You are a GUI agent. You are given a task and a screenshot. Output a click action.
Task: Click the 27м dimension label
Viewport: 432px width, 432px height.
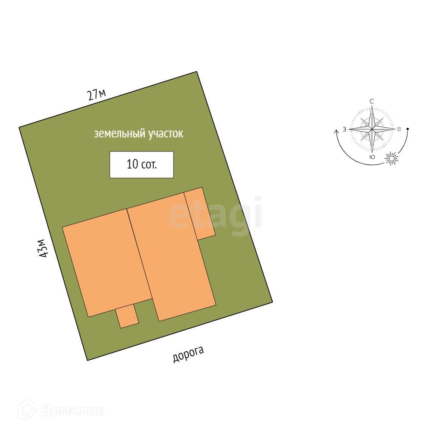pos(97,94)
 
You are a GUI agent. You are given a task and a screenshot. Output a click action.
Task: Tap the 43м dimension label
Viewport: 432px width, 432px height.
pos(44,248)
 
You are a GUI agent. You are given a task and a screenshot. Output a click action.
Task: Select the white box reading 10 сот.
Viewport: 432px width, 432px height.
pos(142,165)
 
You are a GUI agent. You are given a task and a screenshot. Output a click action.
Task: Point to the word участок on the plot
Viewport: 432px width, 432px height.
pos(165,134)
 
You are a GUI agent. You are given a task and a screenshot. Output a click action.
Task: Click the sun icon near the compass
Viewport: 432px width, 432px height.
pos(392,159)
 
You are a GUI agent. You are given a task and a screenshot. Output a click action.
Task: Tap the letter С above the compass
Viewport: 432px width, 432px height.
pos(372,101)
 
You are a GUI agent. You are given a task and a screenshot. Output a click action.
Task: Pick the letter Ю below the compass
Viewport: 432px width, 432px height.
pos(372,157)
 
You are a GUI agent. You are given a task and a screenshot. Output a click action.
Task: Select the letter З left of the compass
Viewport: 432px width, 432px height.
pos(345,129)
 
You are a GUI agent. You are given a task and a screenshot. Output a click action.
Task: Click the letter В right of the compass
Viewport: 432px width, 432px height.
pos(399,129)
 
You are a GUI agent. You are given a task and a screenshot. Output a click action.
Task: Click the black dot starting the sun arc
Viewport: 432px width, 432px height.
pos(407,129)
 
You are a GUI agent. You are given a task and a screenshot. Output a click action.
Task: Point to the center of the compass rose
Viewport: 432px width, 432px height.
pos(372,129)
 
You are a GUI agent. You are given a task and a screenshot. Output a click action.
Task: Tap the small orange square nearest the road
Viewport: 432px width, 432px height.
pos(127,316)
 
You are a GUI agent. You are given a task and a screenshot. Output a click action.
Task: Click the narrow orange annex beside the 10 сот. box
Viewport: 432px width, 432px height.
pos(200,214)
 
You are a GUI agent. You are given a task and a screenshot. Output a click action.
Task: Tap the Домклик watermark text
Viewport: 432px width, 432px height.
pos(72,411)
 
